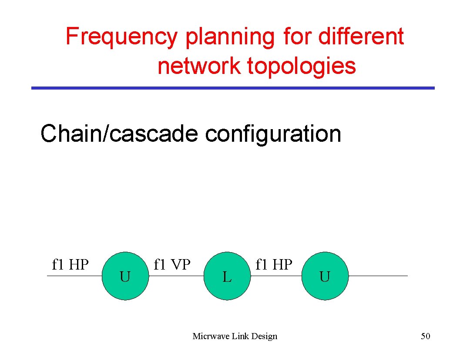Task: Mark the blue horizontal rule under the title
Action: pyautogui.click(x=233, y=88)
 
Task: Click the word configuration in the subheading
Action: pyautogui.click(x=273, y=133)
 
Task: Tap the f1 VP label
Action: pyautogui.click(x=172, y=264)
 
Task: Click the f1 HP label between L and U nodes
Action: pyautogui.click(x=274, y=264)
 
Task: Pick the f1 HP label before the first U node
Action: pyautogui.click(x=70, y=264)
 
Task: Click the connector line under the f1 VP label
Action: pyautogui.click(x=176, y=276)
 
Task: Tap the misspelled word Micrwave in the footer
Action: pyautogui.click(x=211, y=336)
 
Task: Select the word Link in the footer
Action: pyautogui.click(x=240, y=336)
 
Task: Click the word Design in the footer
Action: pyautogui.click(x=264, y=336)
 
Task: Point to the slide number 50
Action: pyautogui.click(x=425, y=336)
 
